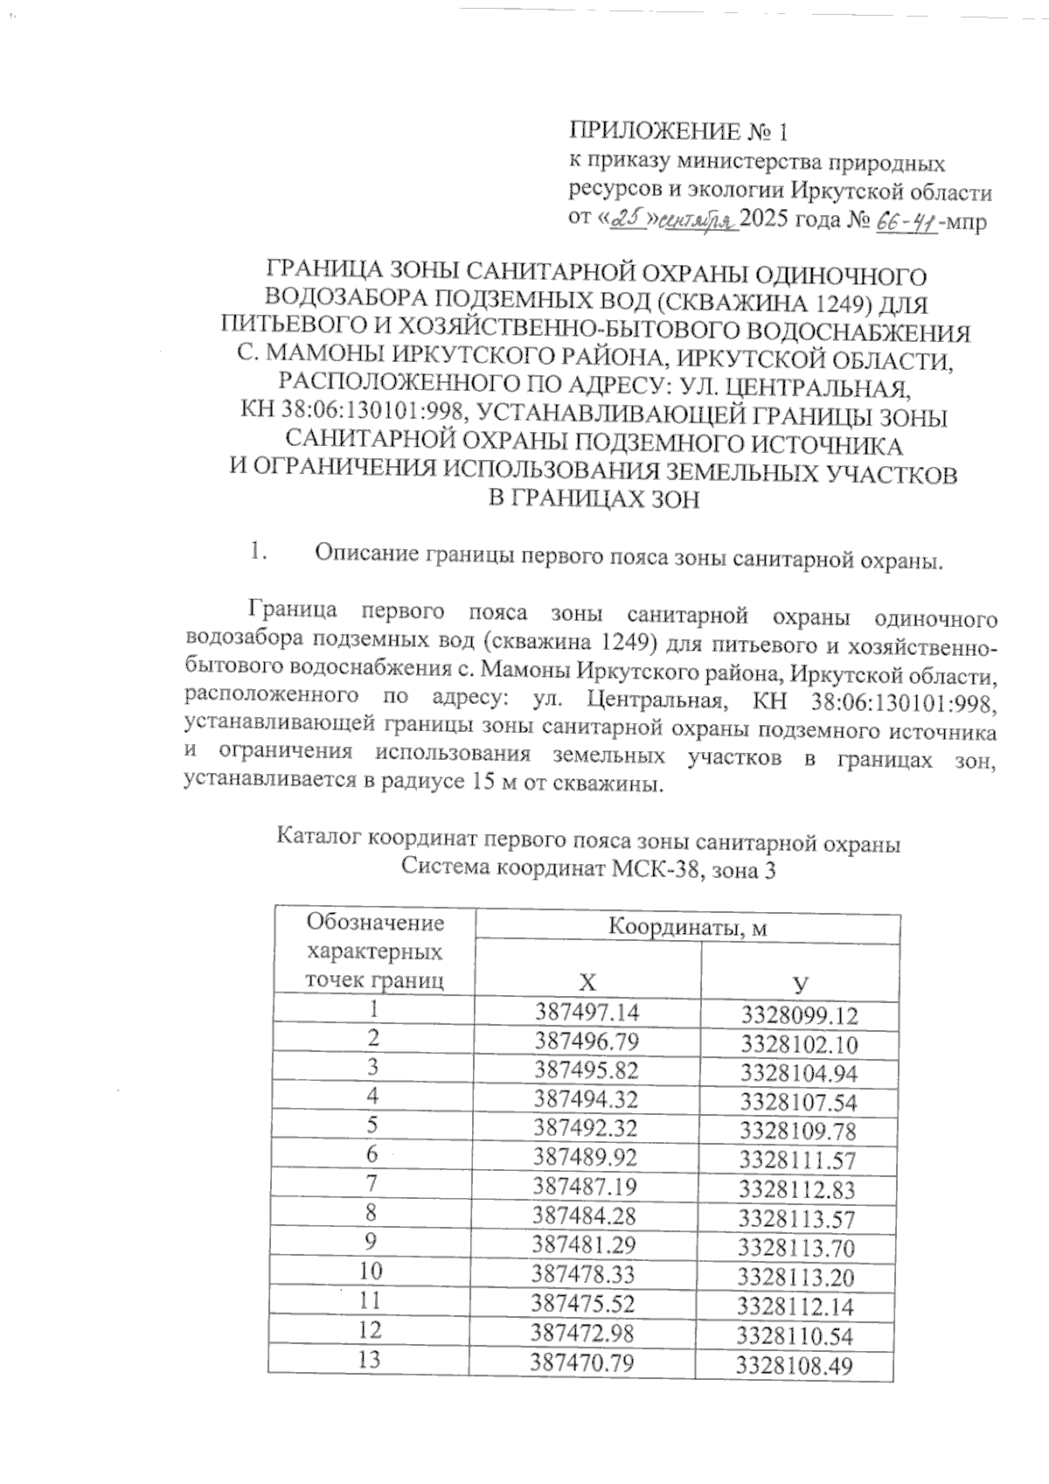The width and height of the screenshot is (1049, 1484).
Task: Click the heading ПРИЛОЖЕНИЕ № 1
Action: [678, 132]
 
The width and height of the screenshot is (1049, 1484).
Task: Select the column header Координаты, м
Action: [687, 927]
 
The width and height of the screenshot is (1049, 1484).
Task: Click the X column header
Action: [587, 981]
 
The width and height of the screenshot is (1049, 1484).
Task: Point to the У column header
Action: [799, 983]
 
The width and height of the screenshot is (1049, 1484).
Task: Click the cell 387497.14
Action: [587, 1013]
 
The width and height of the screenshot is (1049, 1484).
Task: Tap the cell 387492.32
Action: [587, 1128]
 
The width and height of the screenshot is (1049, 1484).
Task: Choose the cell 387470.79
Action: [582, 1362]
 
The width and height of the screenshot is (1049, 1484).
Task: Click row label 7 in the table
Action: [372, 1185]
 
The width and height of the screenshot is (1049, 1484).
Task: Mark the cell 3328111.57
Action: [797, 1161]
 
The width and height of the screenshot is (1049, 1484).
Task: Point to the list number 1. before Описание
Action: [257, 553]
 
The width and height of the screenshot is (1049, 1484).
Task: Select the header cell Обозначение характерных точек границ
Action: [373, 951]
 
